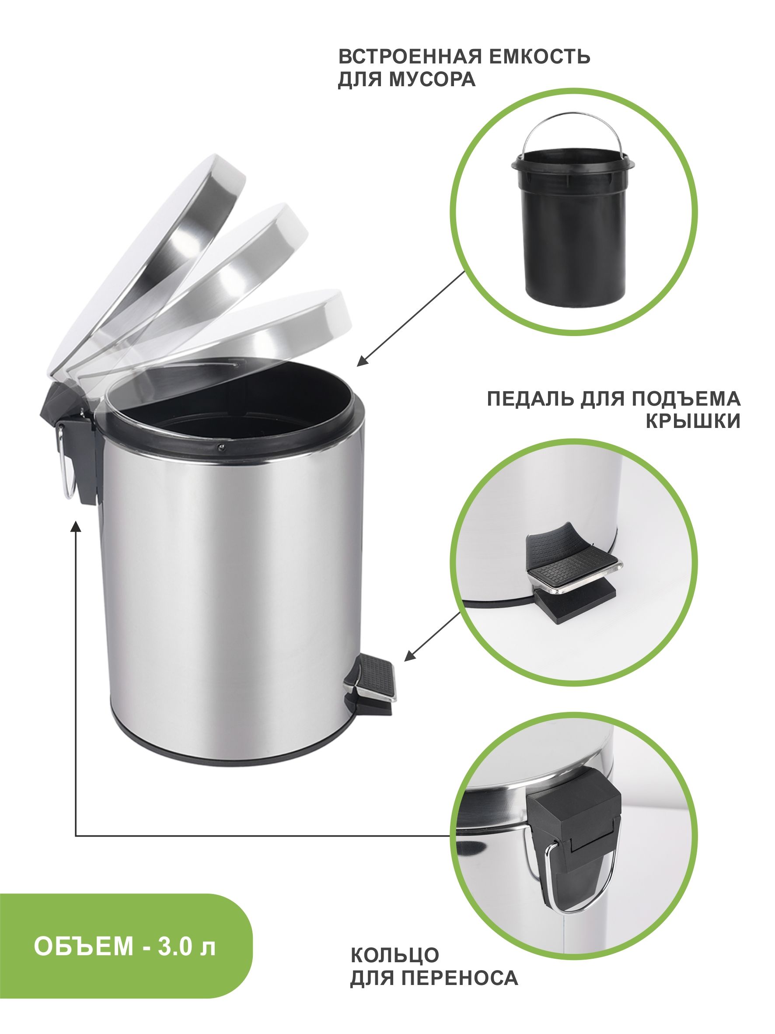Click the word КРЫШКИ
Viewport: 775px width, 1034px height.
(x=693, y=422)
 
